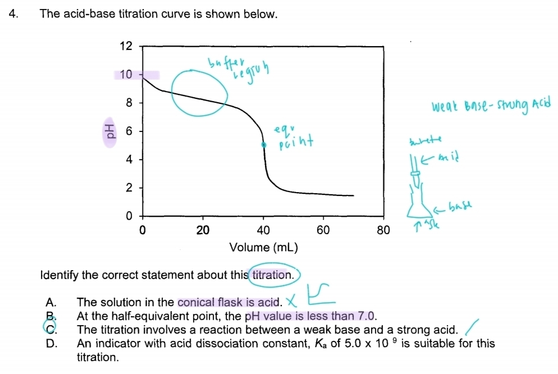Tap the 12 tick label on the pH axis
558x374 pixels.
(x=126, y=47)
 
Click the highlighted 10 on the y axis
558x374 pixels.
(x=126, y=75)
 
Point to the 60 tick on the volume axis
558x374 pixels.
(x=323, y=230)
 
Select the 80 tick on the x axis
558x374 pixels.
(x=382, y=230)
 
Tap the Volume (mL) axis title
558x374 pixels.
(x=263, y=247)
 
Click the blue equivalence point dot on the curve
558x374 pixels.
(x=263, y=145)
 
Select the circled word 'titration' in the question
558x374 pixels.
(x=272, y=275)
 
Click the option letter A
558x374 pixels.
(x=50, y=303)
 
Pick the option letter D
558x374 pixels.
(x=51, y=344)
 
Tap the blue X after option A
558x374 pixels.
(x=294, y=303)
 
